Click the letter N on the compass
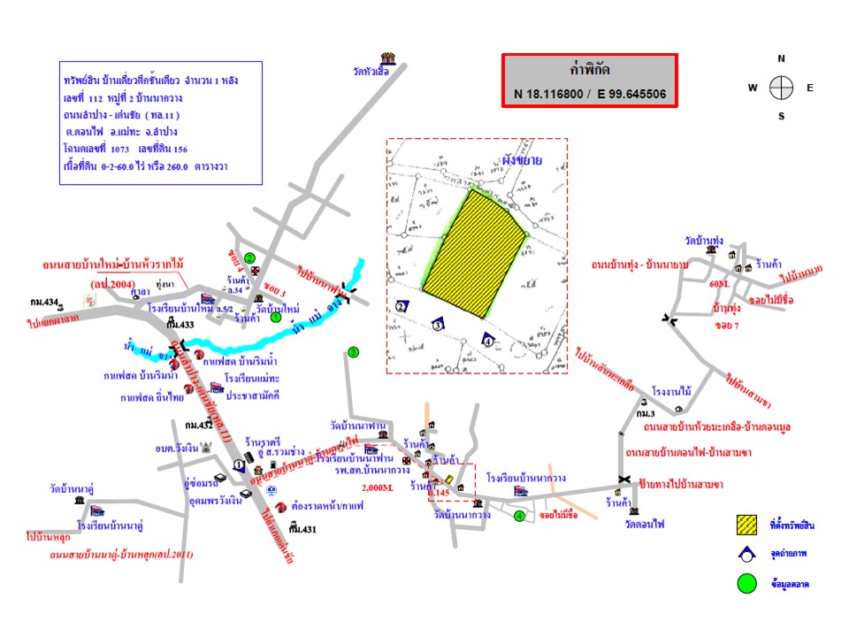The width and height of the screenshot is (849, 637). [781, 58]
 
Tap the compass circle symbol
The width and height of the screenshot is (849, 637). [781, 88]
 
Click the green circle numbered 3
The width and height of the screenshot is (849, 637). [353, 352]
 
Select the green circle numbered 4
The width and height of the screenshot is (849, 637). [518, 516]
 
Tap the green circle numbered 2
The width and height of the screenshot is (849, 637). [250, 258]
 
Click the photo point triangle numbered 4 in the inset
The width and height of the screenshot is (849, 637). [487, 339]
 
